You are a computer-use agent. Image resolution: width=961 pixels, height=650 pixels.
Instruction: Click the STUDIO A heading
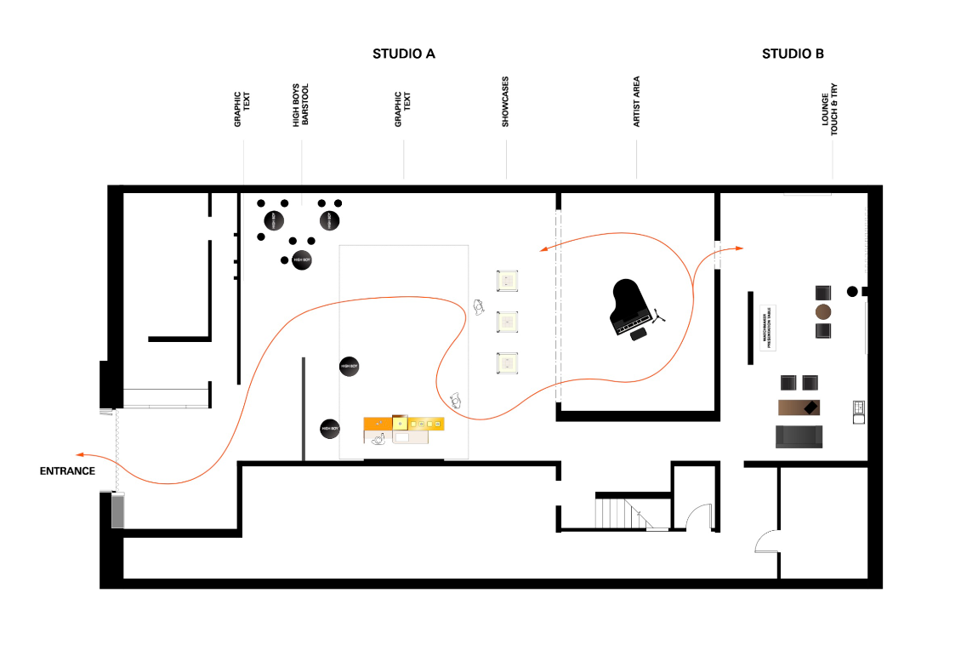click(x=404, y=54)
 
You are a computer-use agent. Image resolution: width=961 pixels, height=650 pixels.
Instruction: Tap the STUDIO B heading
click(x=793, y=54)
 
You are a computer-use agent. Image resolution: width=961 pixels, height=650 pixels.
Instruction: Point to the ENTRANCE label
click(x=67, y=470)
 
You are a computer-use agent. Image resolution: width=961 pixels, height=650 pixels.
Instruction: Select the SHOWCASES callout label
click(x=505, y=105)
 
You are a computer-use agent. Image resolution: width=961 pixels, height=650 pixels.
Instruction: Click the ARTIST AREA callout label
click(x=637, y=102)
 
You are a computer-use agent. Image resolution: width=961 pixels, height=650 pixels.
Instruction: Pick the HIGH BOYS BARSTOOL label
click(x=300, y=105)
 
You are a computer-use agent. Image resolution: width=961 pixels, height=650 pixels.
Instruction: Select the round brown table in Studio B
click(x=822, y=312)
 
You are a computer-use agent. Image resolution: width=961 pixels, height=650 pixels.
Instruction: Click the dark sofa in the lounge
click(x=799, y=436)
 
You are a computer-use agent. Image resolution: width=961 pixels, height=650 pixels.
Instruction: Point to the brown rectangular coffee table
click(x=799, y=408)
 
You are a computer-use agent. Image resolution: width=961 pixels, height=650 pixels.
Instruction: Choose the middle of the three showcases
click(x=508, y=320)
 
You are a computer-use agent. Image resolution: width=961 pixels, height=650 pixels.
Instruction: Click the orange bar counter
click(x=405, y=423)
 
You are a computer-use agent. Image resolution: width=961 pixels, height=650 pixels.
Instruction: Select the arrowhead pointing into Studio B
click(x=739, y=248)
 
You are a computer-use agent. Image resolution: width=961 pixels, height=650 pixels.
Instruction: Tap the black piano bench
click(x=638, y=334)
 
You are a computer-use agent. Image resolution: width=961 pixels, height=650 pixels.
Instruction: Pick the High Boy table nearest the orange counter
click(x=329, y=429)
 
